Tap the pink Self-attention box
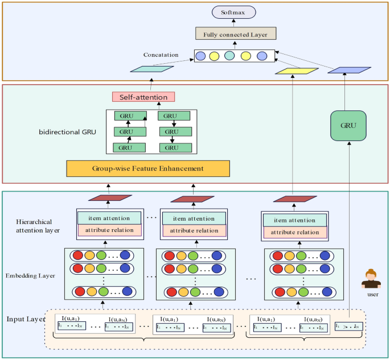pos(143,97)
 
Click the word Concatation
pos(161,55)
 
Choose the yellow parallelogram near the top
pos(296,71)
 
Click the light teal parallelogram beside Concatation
pos(151,69)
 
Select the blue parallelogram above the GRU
pos(349,70)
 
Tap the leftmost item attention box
pos(108,218)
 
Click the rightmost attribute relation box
pos(294,232)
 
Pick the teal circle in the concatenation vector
pos(229,56)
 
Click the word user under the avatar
pos(373,295)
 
